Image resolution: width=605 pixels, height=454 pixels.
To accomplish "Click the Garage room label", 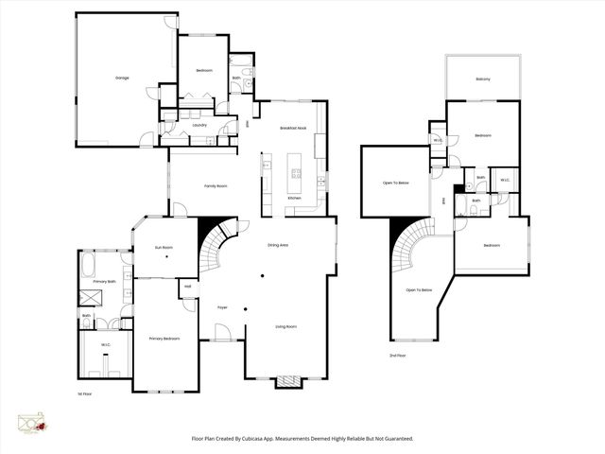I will [x=122, y=78].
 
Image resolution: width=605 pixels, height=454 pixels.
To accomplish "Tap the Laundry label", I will [x=199, y=125].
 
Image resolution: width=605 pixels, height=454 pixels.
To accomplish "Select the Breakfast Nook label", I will [x=293, y=128].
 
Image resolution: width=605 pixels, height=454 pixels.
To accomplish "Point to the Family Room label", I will [x=216, y=185].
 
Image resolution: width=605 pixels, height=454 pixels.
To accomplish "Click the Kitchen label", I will [x=294, y=198].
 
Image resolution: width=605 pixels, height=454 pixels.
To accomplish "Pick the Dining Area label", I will [x=278, y=245].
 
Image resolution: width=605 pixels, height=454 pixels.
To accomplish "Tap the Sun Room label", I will [x=164, y=248].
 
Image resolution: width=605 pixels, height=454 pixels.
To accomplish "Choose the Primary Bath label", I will [x=105, y=281].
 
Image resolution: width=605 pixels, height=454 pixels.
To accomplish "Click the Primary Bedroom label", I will [x=164, y=338].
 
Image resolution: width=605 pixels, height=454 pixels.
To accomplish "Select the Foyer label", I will [x=223, y=307].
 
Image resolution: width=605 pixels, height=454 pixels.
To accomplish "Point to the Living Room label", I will [x=285, y=326].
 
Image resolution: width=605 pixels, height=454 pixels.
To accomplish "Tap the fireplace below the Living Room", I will [x=287, y=383].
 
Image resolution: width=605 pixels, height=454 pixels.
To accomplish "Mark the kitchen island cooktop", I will [x=296, y=174].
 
